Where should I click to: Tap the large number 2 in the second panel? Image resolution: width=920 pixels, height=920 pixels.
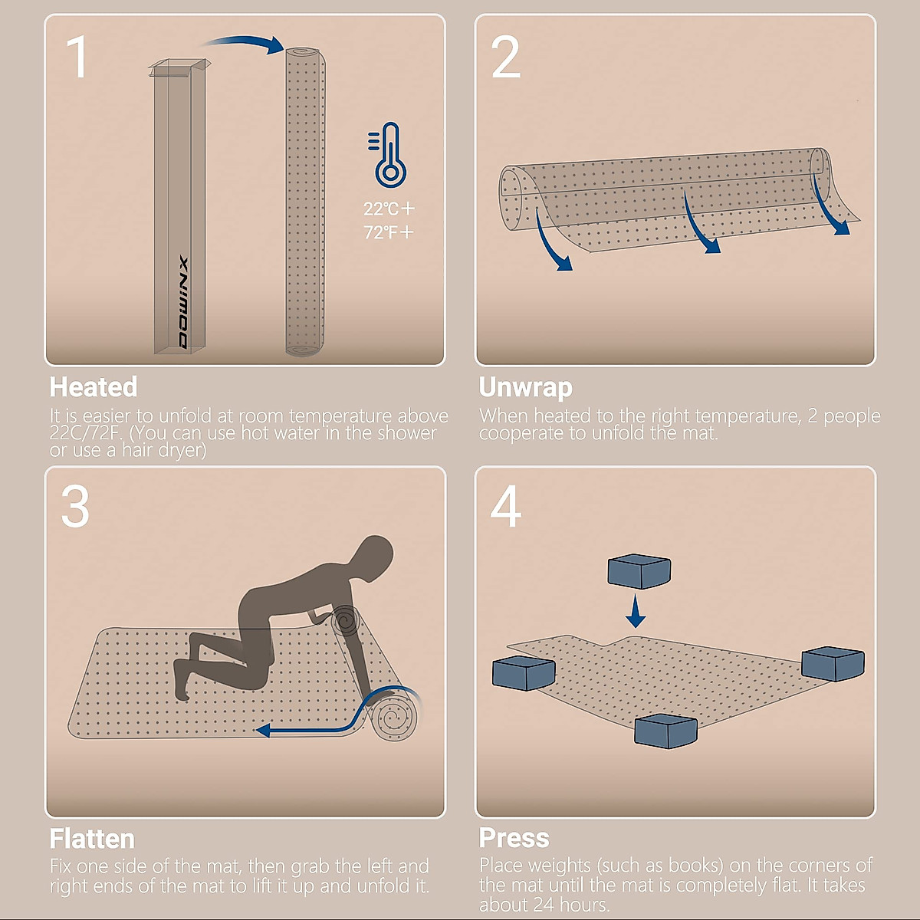point(505,57)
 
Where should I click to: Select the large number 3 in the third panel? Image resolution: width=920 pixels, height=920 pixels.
point(75,506)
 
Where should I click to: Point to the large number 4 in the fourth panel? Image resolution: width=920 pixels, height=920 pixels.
point(505,506)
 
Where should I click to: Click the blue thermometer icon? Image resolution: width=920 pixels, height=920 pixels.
point(388,155)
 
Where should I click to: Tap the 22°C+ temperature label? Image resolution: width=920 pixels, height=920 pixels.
point(389,209)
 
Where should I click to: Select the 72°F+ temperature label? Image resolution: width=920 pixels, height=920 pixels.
point(388,232)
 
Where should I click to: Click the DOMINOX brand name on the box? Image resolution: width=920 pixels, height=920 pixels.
point(183,303)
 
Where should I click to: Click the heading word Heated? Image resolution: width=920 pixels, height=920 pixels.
point(94,386)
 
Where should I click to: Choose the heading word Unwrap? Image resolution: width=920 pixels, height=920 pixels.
point(526,388)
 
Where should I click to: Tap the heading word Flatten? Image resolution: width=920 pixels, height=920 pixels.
point(92,839)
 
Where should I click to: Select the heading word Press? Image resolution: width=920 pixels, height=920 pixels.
point(514,838)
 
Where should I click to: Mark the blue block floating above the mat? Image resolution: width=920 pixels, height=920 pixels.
point(639,571)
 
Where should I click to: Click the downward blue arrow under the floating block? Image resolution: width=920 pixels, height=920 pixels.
point(636,611)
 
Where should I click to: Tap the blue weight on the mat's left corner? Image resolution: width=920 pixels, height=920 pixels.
point(524,673)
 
